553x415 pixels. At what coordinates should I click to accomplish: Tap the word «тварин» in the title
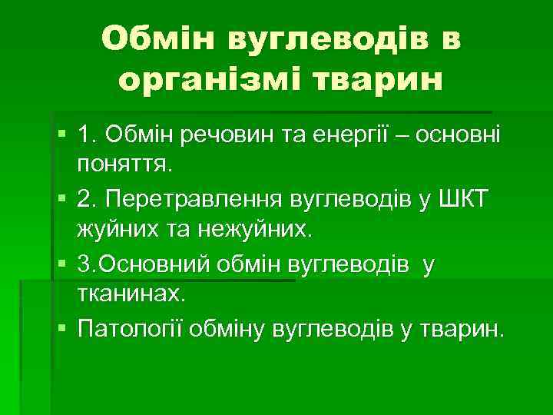click(386, 78)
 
